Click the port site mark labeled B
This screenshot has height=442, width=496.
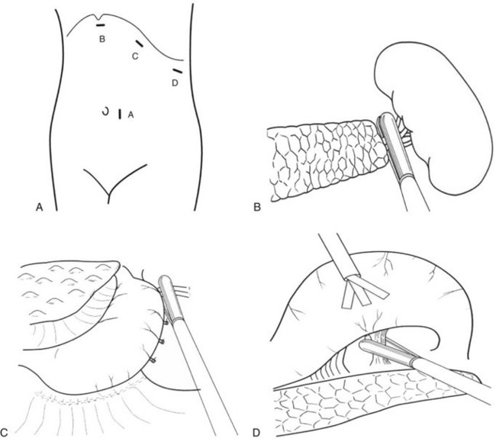(101, 25)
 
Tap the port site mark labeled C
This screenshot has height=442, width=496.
(139, 44)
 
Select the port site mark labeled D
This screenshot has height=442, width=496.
(178, 71)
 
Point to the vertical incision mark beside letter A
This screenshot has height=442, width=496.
(120, 115)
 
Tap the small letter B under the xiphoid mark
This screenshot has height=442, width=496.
(101, 39)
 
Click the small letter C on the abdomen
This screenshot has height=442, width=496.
(135, 56)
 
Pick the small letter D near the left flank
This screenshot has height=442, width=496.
(175, 83)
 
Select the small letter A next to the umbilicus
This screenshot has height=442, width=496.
(130, 115)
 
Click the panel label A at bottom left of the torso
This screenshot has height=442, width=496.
(40, 207)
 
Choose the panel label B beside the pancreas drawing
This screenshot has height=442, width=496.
(257, 207)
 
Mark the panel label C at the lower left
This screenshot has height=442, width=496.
(5, 432)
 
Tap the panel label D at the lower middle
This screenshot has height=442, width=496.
(256, 432)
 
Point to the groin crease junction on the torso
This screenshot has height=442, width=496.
(109, 193)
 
